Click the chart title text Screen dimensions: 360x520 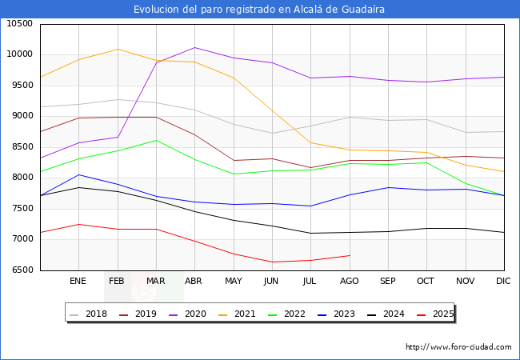[x=259, y=10]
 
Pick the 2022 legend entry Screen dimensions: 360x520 [x=287, y=314]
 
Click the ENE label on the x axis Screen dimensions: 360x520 [x=78, y=282]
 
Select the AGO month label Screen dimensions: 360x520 [x=349, y=282]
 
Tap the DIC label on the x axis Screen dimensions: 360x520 [x=503, y=282]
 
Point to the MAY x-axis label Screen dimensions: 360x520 [x=233, y=282]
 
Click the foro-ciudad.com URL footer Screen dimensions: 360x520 [x=458, y=347]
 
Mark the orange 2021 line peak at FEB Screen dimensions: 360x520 [x=117, y=50]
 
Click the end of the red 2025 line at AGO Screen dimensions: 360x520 [x=349, y=255]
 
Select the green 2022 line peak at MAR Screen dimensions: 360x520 [x=156, y=141]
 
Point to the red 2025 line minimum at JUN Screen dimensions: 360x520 [x=271, y=262]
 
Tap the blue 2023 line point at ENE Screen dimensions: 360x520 [x=78, y=174]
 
